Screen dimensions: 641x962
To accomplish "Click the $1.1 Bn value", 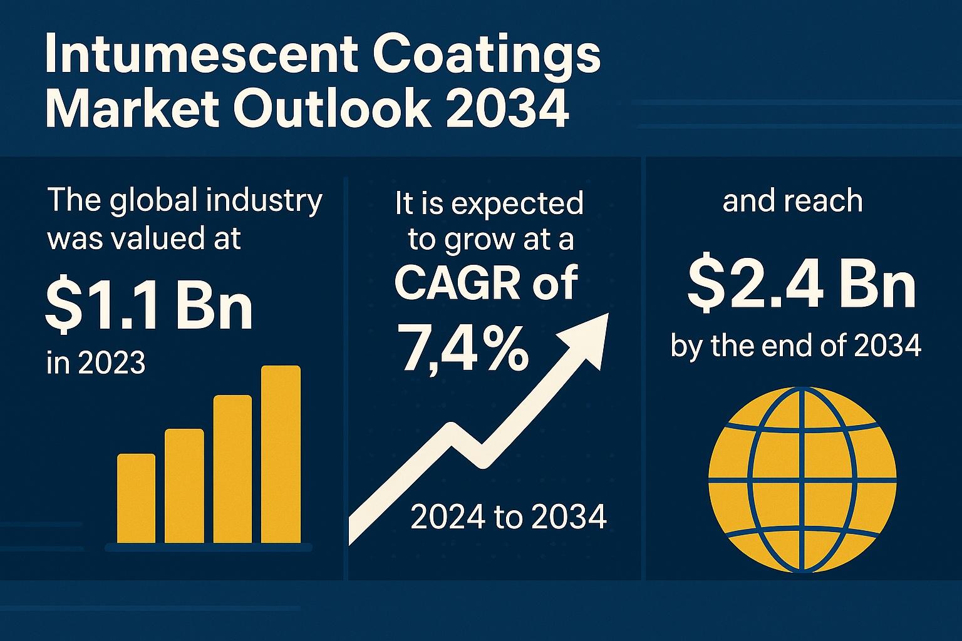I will point(149,308).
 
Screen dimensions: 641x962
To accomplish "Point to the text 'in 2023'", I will point(96,362).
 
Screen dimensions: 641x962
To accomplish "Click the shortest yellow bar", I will point(136,498).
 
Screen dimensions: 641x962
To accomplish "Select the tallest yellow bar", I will point(281,454).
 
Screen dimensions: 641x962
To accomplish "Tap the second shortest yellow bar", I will point(184,485).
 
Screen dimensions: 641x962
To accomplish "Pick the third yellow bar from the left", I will point(232,469).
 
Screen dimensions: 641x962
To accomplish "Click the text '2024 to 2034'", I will point(508,517).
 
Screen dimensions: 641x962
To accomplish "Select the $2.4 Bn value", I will point(801,285).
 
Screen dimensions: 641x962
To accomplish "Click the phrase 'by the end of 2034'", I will point(796,346).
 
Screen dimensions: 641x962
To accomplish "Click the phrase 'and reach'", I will point(792,202).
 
